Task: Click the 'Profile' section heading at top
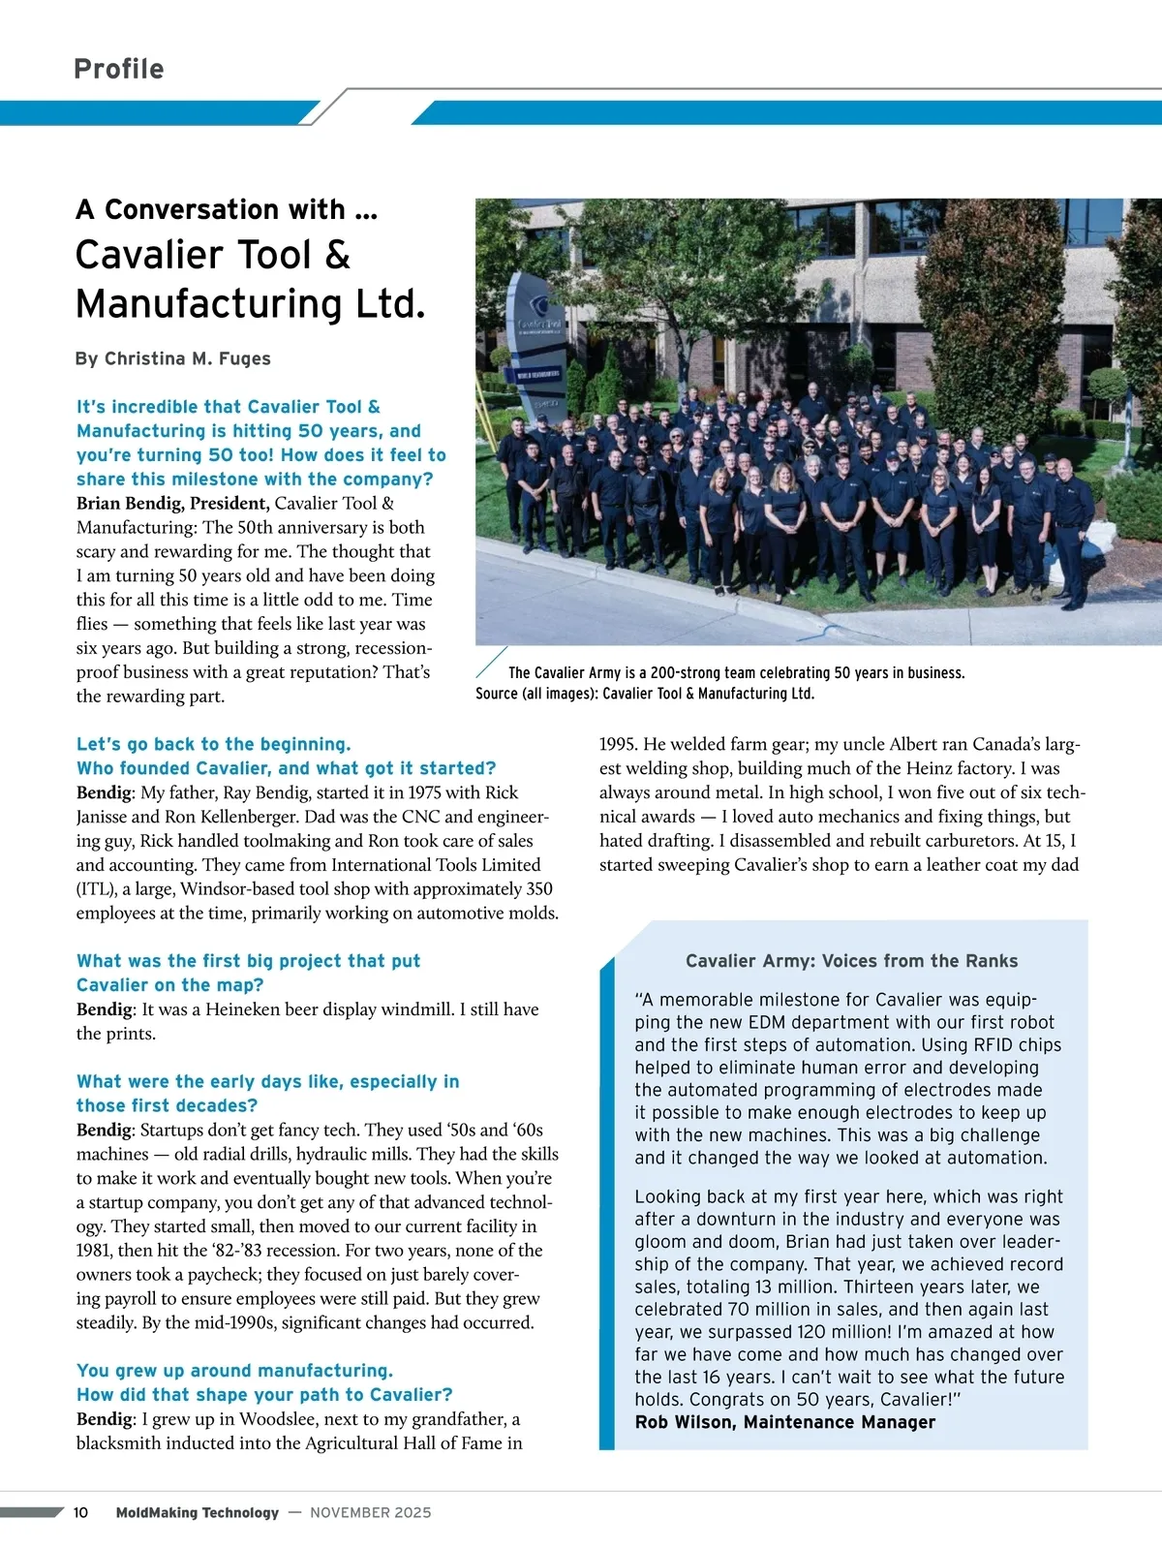click(x=118, y=69)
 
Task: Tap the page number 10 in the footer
click(x=80, y=1512)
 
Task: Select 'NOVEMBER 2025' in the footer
click(x=371, y=1512)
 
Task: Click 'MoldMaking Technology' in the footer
click(x=197, y=1512)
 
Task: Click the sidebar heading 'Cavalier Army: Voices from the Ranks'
click(x=851, y=961)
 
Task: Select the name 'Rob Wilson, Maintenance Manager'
click(x=784, y=1422)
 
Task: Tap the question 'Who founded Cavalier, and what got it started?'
click(x=286, y=768)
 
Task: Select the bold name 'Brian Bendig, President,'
click(x=172, y=503)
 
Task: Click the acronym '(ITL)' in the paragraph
click(x=96, y=889)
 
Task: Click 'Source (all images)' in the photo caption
click(x=535, y=694)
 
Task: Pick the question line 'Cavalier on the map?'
click(x=169, y=985)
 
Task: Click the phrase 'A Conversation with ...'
click(x=227, y=209)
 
